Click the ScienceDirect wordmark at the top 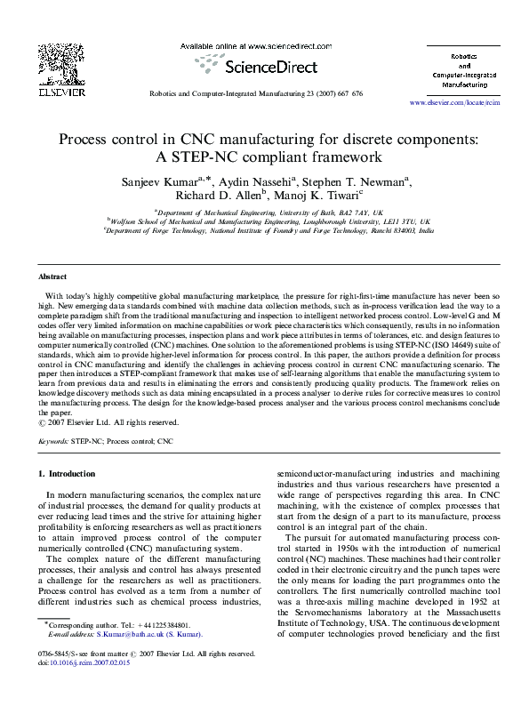[x=264, y=64]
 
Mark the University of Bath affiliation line [x=264, y=213]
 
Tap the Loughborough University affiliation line [x=264, y=222]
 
